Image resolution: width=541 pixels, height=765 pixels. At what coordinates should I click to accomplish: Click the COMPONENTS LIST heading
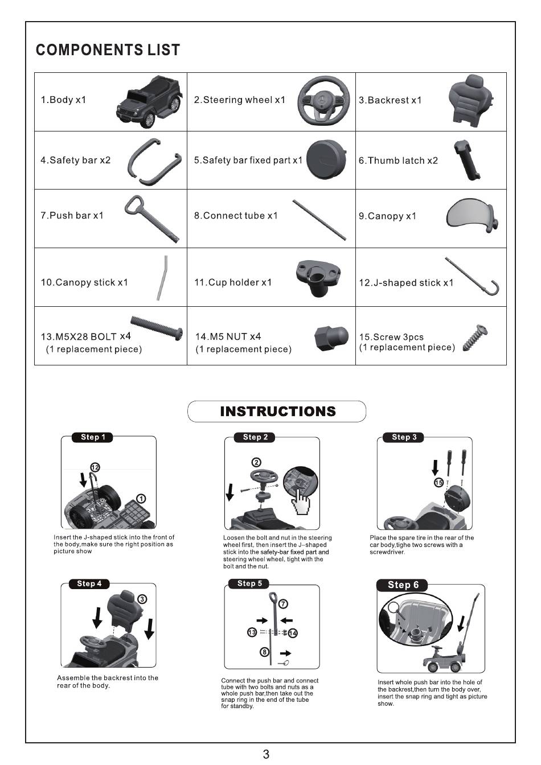click(108, 50)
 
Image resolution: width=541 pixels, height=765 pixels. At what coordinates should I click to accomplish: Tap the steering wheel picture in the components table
click(323, 101)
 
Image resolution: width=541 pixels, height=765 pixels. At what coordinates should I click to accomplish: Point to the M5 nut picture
click(331, 338)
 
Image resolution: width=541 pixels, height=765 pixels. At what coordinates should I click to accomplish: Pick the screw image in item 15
click(475, 338)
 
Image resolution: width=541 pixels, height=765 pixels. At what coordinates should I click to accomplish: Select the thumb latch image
click(466, 160)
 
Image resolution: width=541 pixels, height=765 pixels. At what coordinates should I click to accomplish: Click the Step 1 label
click(93, 437)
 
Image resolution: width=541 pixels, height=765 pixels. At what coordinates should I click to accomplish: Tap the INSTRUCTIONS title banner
click(277, 412)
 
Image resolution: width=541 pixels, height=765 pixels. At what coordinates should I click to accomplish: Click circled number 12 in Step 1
click(95, 467)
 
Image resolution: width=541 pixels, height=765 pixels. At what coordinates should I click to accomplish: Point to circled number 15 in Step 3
click(439, 483)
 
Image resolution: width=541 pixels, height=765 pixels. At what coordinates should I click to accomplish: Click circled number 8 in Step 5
click(264, 652)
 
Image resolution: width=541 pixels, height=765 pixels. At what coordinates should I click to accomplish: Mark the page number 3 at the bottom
click(266, 754)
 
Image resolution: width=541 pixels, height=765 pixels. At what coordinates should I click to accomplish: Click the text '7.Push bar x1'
click(72, 216)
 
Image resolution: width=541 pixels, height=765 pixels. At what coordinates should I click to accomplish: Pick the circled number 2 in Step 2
click(256, 462)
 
